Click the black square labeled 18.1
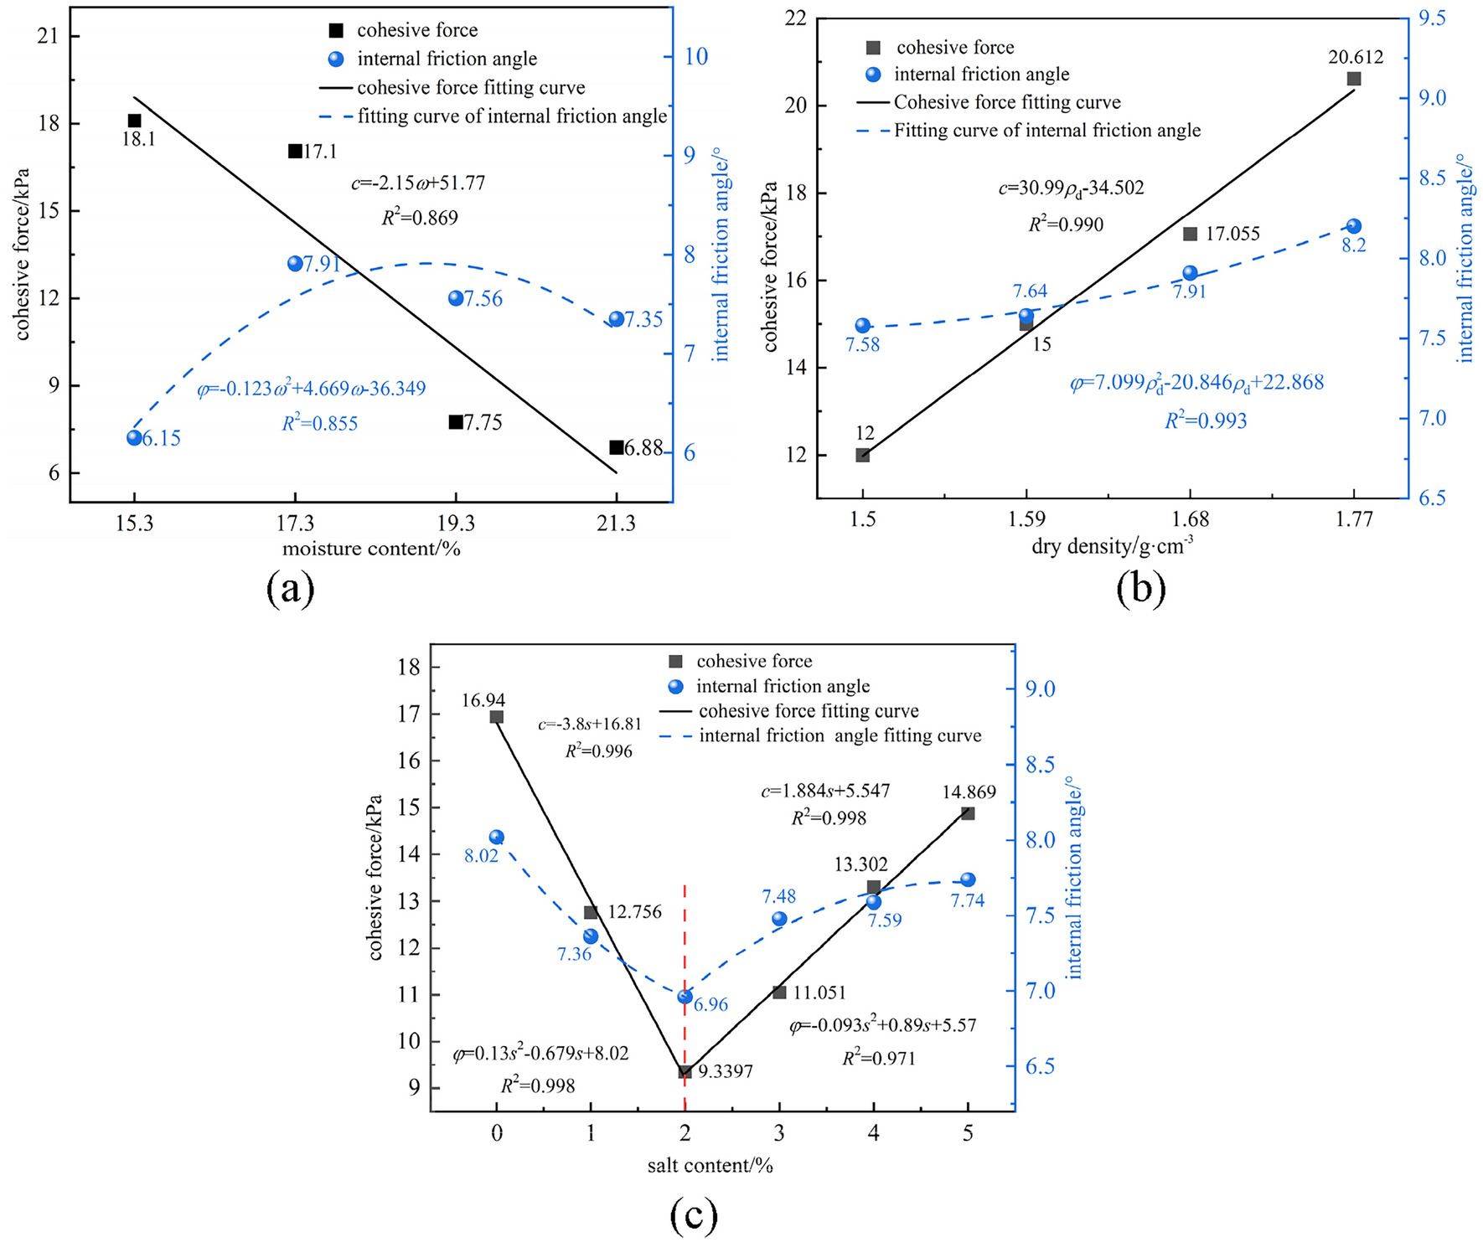[134, 121]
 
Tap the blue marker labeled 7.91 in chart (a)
[295, 263]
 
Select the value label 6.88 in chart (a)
[643, 449]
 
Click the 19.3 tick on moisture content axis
[456, 524]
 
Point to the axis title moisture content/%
[371, 549]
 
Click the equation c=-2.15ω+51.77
[418, 183]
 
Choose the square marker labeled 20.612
[1354, 79]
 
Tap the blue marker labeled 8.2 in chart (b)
[1354, 226]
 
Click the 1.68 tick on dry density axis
[1190, 520]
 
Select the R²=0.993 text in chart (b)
[1206, 420]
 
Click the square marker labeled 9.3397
[685, 1071]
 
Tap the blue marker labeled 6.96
[685, 996]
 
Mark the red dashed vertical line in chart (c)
[685, 938]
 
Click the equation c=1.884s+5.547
[825, 791]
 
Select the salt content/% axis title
[710, 1165]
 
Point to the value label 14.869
[969, 792]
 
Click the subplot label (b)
[1140, 589]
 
